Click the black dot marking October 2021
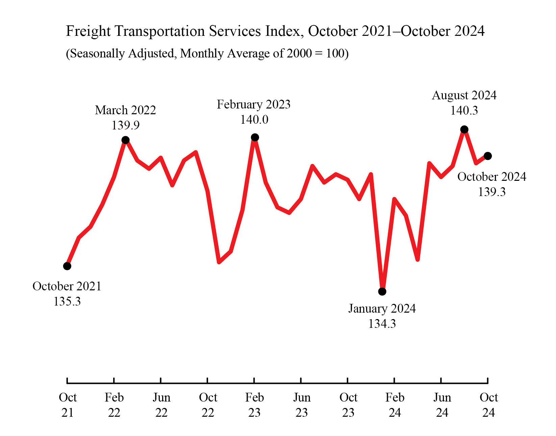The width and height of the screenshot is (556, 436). tap(67, 266)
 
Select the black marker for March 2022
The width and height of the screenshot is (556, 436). tap(125, 140)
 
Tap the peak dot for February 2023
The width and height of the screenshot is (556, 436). tap(255, 137)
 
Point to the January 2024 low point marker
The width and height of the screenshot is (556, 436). tap(382, 291)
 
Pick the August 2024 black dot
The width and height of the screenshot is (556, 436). tap(464, 129)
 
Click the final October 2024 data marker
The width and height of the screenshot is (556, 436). tap(487, 156)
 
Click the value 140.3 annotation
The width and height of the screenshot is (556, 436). tap(464, 111)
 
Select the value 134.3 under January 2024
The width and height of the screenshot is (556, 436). tap(382, 324)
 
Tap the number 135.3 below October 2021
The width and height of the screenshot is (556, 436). tap(67, 301)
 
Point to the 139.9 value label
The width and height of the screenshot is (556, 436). tap(125, 125)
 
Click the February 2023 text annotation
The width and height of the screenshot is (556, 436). tap(253, 104)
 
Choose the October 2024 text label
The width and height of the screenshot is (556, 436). tap(491, 177)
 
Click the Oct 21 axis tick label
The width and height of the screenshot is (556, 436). tap(68, 405)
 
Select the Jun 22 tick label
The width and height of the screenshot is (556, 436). tap(161, 405)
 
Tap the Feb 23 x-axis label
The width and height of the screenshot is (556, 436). tap(254, 405)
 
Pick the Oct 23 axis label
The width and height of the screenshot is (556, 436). tap(348, 405)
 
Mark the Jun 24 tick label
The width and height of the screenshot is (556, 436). tap(442, 405)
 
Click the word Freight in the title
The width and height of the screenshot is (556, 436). tap(88, 31)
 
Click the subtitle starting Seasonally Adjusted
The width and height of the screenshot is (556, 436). tap(207, 53)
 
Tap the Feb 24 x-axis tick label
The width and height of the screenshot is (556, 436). tap(395, 405)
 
